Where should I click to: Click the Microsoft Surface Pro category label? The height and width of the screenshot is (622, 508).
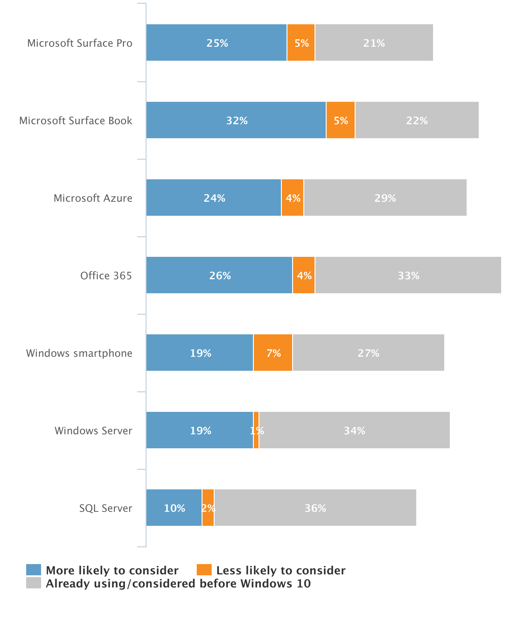(80, 43)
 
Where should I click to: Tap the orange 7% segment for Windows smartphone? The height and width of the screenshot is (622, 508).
(273, 353)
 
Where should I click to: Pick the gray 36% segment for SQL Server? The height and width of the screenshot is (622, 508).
(315, 508)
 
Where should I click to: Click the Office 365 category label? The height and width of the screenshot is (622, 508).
(106, 276)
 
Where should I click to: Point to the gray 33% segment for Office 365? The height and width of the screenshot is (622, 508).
(408, 275)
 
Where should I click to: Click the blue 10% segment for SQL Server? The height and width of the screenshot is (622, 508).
(174, 508)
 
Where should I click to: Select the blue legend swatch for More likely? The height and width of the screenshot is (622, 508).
(34, 570)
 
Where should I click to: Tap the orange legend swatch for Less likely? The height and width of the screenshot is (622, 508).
(204, 570)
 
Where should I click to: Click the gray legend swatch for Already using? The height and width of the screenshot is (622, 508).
(34, 583)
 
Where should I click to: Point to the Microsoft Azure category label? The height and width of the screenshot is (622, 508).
(93, 198)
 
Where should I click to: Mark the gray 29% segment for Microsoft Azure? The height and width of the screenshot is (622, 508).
(385, 198)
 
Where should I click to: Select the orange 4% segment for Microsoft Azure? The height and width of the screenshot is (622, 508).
(292, 198)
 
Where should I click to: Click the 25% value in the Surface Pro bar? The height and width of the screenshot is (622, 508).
(217, 43)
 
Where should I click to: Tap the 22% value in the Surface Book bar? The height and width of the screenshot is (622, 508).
(417, 120)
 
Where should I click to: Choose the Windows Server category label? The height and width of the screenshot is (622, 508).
(93, 431)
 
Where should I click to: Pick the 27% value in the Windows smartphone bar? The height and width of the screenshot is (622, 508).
(368, 353)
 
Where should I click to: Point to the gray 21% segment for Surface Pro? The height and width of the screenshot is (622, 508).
(374, 43)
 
